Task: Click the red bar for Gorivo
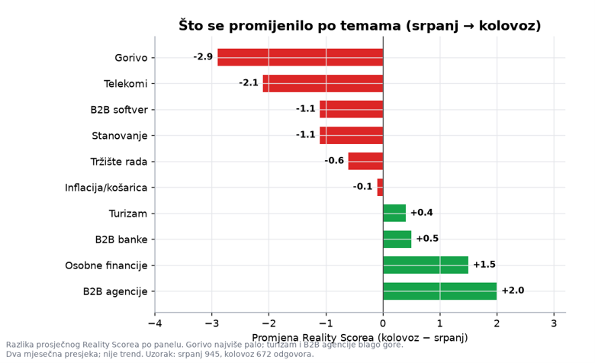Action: [300, 57]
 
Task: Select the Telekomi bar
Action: [323, 83]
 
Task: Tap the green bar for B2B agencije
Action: [440, 291]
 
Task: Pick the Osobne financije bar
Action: [426, 265]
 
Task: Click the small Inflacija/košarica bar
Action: [380, 188]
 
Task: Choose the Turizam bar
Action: [394, 214]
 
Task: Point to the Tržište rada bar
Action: [366, 161]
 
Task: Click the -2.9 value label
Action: [203, 57]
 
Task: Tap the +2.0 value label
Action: [513, 291]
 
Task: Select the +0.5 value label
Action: [427, 239]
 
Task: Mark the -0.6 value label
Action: [334, 161]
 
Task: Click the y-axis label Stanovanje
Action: [120, 136]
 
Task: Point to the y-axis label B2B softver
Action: [119, 110]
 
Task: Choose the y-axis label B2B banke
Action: [121, 239]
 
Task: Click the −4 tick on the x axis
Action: [155, 323]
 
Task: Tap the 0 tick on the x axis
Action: [383, 323]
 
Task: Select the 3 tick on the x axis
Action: [554, 323]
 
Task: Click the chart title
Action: [360, 26]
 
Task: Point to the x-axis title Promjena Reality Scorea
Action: [313, 338]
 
